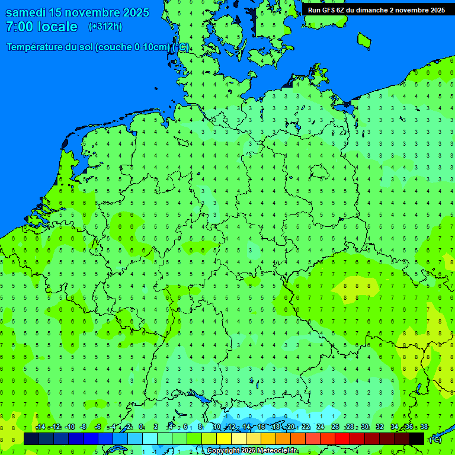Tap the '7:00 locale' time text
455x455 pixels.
41,27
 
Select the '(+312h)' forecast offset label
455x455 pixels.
105,27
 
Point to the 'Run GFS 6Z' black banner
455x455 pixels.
376,9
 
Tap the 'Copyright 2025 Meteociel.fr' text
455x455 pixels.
252,451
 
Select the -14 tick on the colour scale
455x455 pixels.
40,427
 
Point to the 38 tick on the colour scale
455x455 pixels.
424,427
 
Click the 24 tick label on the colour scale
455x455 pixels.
321,427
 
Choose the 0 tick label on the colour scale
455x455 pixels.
141,427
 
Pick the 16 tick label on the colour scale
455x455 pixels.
261,427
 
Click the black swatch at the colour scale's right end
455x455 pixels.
416,438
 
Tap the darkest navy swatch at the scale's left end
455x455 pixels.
31,438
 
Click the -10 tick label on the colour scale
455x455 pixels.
69,427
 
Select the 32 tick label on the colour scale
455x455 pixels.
380,427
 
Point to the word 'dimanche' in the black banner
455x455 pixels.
371,9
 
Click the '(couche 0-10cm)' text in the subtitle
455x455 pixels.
132,47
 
